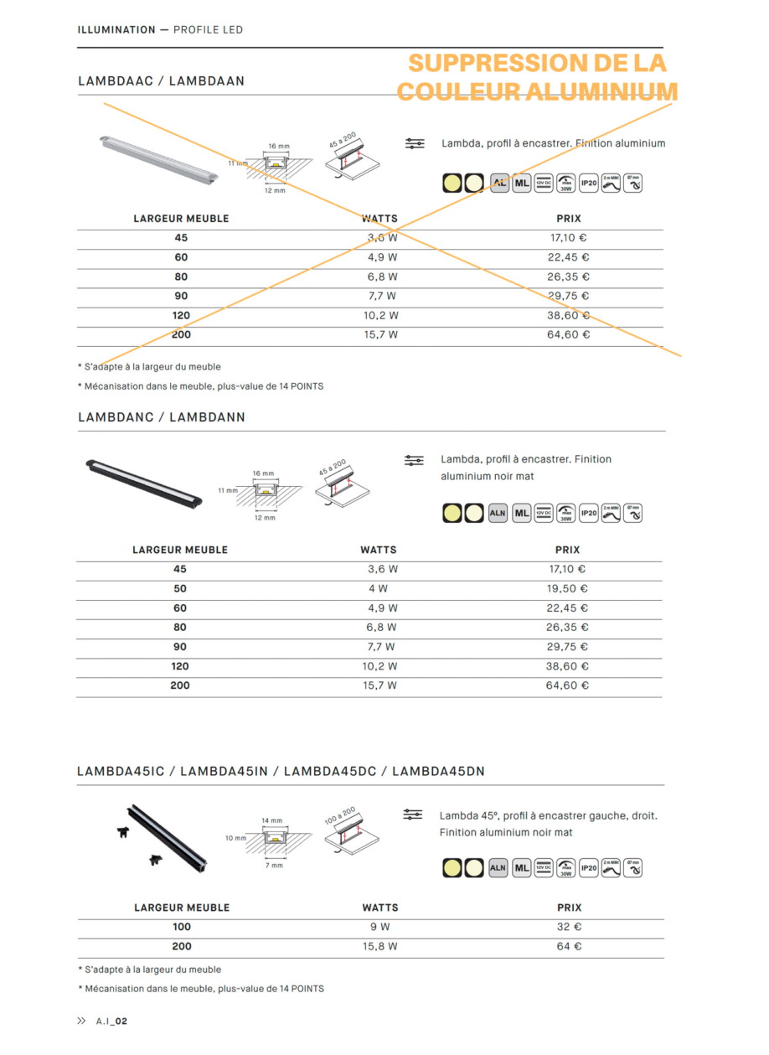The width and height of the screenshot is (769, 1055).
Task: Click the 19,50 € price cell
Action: [x=567, y=589]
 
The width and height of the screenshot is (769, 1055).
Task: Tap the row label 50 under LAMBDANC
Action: [x=180, y=589]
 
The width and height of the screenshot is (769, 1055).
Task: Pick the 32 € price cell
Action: [x=569, y=927]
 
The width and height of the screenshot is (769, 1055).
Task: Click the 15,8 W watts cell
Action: [x=379, y=946]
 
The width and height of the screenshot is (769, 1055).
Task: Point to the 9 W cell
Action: [x=379, y=927]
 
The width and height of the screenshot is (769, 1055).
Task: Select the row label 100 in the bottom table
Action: [x=182, y=927]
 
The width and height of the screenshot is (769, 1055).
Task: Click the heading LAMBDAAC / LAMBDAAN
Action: [x=161, y=81]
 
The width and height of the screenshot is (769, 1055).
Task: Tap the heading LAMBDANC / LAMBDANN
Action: [x=162, y=416]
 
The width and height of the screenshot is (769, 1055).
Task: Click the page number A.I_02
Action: [x=111, y=1021]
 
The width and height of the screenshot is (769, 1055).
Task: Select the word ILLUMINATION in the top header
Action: [x=116, y=30]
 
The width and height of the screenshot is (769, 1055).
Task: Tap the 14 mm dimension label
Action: [x=272, y=820]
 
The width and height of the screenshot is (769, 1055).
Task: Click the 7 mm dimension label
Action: [x=272, y=865]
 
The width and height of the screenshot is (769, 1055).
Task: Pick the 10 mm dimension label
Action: [x=235, y=838]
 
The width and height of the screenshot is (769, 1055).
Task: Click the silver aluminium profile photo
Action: [x=157, y=158]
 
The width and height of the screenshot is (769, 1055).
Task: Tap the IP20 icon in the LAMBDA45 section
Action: [x=589, y=868]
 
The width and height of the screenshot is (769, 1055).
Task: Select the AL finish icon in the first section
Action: [x=499, y=183]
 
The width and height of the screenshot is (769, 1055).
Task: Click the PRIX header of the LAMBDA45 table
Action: [x=569, y=908]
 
